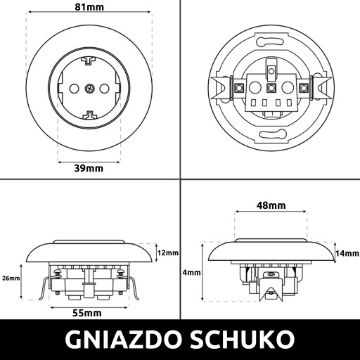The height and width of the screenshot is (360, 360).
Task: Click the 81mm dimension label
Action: tap(89, 7)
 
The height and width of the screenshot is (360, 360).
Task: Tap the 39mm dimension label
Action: tap(89, 168)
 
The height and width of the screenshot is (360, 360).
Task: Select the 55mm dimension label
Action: tap(87, 313)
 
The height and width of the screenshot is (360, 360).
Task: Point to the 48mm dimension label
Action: tap(271, 205)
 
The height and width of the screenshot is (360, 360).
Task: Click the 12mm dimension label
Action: tap(168, 253)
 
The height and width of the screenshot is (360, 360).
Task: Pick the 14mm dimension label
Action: tap(347, 253)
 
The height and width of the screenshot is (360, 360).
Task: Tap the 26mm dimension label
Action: tap(11, 278)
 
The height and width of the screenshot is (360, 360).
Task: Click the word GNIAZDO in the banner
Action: tap(124, 340)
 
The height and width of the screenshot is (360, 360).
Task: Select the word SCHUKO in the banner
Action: tap(243, 340)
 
